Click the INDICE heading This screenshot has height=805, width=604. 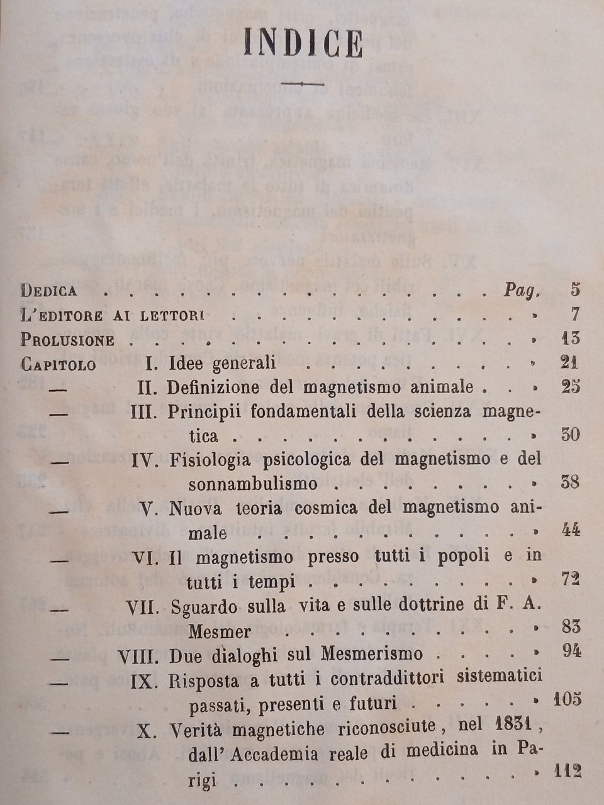(302, 45)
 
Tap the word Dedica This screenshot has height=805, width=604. (49, 291)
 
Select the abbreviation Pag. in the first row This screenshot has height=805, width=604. (522, 291)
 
